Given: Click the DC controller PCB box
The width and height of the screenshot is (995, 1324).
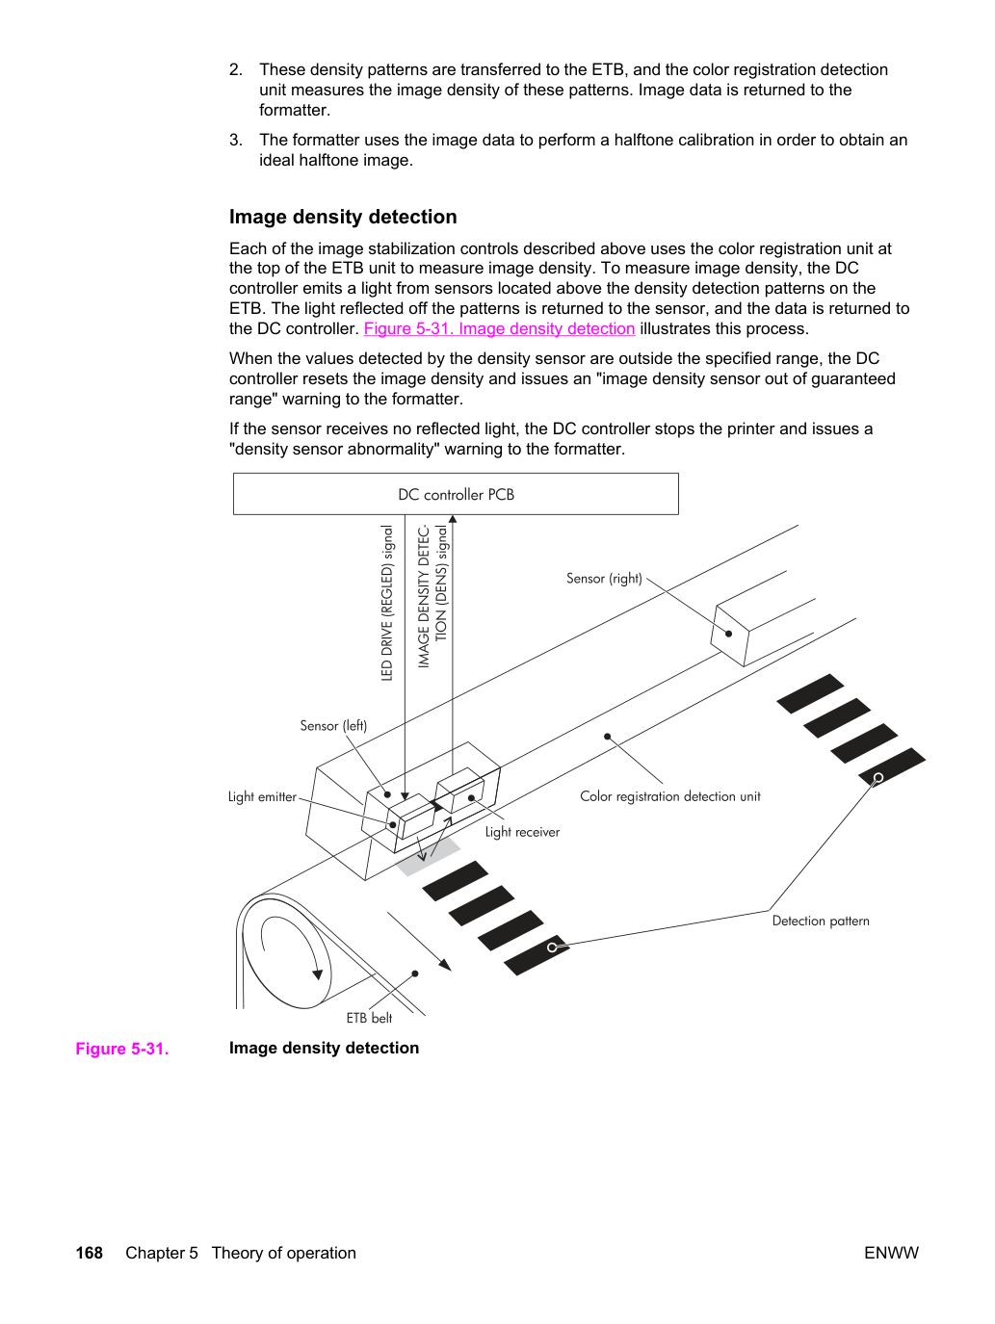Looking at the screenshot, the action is pos(456,494).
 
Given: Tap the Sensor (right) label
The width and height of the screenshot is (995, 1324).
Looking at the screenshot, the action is pos(604,579).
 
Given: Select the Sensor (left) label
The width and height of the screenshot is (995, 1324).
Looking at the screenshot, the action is pos(333,726).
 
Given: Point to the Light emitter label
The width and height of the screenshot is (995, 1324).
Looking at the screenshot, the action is pos(262,797).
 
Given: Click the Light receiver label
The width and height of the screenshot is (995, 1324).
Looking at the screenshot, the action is pos(522,832).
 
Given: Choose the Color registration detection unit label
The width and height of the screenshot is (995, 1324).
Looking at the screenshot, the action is pos(669,796).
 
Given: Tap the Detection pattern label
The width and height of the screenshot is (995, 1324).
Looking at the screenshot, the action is pos(821,922).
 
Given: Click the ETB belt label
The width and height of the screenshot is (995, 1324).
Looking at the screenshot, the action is pos(369,1018).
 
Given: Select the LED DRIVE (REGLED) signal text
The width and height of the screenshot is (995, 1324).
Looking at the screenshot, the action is pos(387,603).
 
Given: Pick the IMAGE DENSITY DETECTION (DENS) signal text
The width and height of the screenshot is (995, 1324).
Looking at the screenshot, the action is pos(432,597).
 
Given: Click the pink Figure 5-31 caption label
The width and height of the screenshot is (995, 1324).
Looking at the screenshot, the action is pos(122,1049).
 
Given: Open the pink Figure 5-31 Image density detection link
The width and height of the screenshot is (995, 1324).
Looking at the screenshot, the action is pos(499,328).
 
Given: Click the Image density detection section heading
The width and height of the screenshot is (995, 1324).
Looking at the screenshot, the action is pos(343,217).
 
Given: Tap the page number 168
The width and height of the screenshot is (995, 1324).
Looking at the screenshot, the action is pos(90,1253).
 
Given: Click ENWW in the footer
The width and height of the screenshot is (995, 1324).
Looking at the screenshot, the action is pos(891,1253).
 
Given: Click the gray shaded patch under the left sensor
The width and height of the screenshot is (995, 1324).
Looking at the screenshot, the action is pos(429,856).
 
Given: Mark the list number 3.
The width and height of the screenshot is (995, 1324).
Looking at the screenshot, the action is pos(235,140).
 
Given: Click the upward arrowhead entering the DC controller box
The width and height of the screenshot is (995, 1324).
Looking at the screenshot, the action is pos(453,519).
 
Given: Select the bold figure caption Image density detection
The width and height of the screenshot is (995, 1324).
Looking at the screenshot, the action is pos(324,1049).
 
